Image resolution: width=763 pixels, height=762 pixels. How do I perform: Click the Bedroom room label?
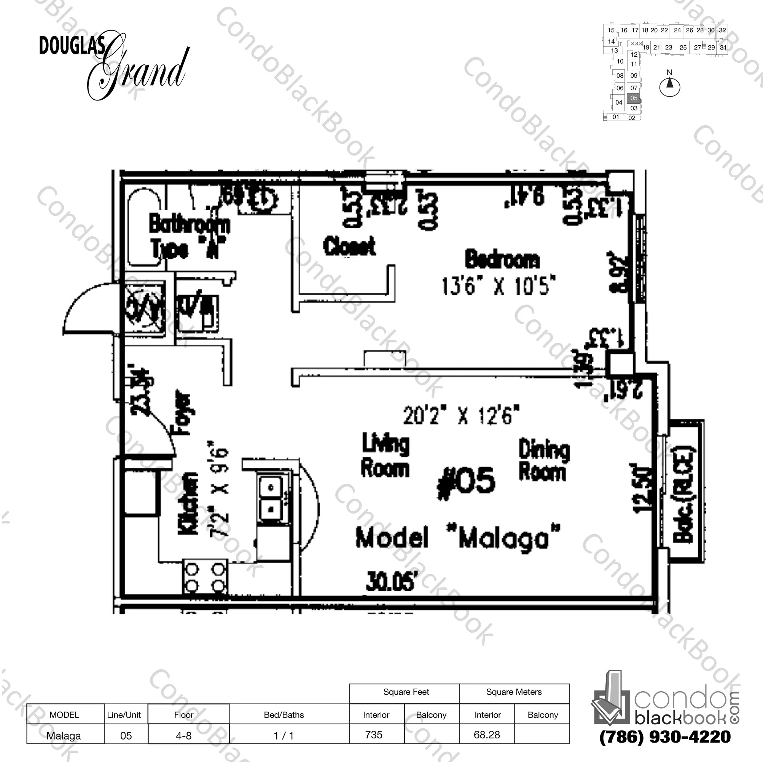tap(502, 259)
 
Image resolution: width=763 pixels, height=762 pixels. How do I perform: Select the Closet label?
tap(349, 246)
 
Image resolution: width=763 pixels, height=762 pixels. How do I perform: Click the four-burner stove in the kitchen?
tap(205, 577)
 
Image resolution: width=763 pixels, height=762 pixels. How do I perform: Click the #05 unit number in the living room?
tap(466, 482)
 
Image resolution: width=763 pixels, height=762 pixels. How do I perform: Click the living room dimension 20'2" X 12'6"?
tap(461, 415)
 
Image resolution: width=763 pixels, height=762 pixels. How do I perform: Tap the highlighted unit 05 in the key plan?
tap(634, 98)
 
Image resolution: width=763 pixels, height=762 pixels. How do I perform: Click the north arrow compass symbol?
tap(669, 85)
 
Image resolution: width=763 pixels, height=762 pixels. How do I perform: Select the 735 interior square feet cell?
tap(374, 735)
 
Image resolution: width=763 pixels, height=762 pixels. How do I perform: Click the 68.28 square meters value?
tap(487, 735)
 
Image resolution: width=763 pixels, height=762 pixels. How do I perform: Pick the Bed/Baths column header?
tap(284, 715)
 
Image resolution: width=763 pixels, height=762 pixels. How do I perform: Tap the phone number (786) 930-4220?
tap(665, 737)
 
